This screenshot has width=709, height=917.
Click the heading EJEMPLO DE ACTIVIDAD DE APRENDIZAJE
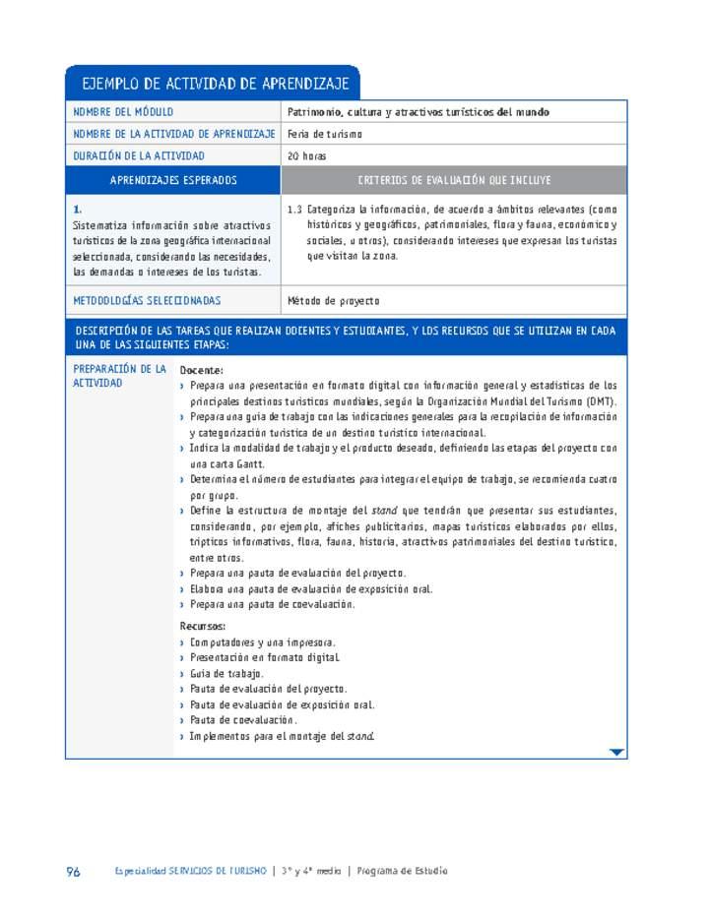(213, 84)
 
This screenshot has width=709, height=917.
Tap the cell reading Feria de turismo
(325, 134)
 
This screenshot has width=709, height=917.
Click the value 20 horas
(306, 155)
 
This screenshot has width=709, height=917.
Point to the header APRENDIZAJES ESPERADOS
(173, 181)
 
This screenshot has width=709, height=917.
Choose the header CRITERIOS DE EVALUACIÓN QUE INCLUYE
(454, 181)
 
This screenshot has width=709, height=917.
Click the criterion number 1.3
(294, 210)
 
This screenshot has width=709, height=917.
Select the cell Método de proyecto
(333, 301)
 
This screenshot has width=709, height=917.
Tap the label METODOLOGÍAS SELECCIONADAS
(148, 301)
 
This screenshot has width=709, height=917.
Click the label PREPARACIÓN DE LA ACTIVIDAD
(119, 376)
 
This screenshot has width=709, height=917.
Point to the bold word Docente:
(202, 370)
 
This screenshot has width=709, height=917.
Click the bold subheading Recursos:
(203, 626)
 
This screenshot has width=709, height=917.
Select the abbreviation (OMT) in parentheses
(600, 401)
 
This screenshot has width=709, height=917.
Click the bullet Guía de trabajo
(226, 674)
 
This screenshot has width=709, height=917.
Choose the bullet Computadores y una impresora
(262, 642)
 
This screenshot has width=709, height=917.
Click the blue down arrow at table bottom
(616, 753)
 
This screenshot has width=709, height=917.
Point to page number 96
(73, 871)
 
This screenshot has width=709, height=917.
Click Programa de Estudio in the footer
(403, 871)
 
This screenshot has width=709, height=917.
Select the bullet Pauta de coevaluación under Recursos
(242, 720)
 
